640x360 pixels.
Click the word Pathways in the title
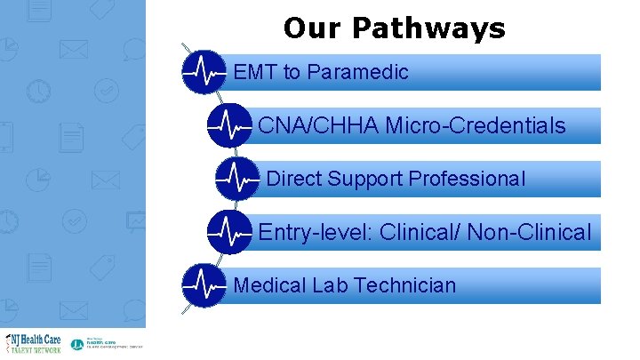(428, 29)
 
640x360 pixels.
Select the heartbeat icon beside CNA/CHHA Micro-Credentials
(229, 126)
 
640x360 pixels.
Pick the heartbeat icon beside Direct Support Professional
(237, 180)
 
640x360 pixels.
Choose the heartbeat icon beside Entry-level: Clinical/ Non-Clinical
(229, 233)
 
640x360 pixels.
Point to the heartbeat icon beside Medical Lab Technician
(204, 285)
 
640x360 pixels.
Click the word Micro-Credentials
(476, 126)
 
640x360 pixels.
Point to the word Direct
(294, 179)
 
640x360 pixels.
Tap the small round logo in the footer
(76, 344)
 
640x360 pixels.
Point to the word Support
(365, 180)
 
